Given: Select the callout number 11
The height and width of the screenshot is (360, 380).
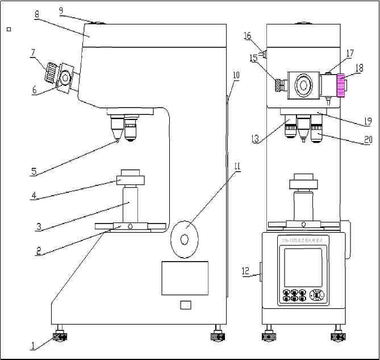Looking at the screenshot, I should [x=237, y=167].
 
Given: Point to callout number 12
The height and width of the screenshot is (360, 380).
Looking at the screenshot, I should [x=246, y=272].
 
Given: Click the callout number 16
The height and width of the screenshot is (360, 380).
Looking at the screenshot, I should [x=247, y=36].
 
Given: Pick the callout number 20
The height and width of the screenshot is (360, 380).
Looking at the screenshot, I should [x=368, y=138].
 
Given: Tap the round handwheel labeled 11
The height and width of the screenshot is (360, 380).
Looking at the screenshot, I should [x=184, y=239].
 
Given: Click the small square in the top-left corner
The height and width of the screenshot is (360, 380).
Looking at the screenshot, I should [x=8, y=28].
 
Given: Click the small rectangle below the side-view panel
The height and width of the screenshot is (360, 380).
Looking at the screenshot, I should [x=185, y=305].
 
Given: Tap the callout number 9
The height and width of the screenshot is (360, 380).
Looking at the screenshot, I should [x=61, y=10].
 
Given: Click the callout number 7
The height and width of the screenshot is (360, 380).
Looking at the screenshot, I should [x=34, y=52].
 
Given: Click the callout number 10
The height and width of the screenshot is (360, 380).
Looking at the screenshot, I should [x=236, y=75].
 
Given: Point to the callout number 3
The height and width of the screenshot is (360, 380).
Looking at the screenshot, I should [x=39, y=226].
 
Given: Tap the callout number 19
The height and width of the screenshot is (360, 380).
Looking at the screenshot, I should [x=368, y=121].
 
